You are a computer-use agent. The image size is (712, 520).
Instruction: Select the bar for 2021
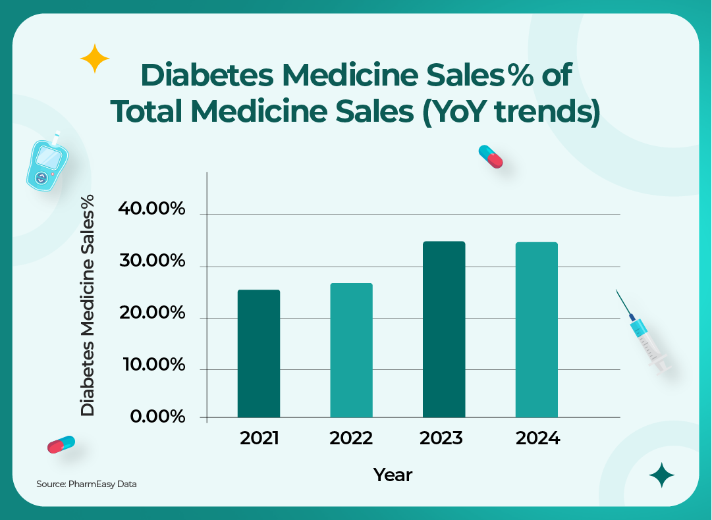tap(259, 353)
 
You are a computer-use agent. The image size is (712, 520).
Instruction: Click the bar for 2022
tap(351, 350)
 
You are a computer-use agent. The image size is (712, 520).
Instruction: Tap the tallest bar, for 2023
tap(444, 329)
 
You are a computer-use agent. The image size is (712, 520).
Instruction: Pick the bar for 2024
tap(536, 330)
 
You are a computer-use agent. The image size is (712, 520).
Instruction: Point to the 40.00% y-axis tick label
tap(151, 209)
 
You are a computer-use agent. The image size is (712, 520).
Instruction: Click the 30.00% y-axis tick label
tap(151, 261)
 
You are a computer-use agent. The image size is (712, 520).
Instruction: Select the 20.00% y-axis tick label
tap(151, 313)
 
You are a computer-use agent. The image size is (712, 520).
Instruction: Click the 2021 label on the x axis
tap(260, 438)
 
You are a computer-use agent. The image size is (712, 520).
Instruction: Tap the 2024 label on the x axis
tap(537, 438)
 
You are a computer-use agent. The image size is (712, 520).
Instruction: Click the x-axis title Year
tap(393, 475)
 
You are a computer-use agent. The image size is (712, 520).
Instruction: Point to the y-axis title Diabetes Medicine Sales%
tap(88, 305)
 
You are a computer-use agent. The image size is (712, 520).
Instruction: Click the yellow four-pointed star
tap(94, 59)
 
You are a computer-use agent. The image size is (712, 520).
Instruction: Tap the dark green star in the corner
tap(661, 475)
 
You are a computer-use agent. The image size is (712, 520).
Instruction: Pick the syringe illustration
tap(645, 336)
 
